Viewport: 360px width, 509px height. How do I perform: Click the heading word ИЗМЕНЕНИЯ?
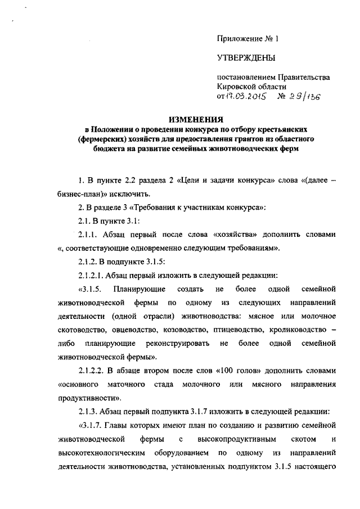click(196, 119)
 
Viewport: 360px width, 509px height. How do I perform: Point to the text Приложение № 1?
click(248, 39)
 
